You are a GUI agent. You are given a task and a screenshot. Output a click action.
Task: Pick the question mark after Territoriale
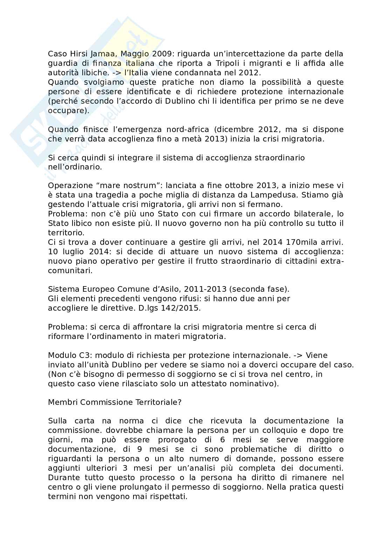click(x=179, y=402)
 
